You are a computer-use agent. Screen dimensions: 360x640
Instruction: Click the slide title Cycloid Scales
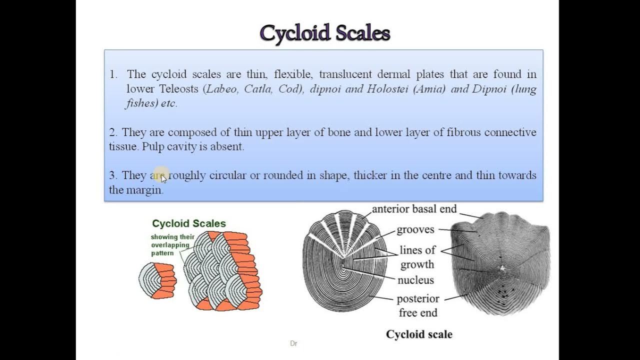(x=324, y=33)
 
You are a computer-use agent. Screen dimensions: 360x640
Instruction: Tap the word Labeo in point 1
(x=222, y=89)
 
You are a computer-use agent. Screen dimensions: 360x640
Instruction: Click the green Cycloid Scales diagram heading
(x=189, y=223)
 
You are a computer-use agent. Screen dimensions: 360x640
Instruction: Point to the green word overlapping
(x=170, y=245)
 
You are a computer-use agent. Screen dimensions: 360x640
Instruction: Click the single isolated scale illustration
(x=157, y=281)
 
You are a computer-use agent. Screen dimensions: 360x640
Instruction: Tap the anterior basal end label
(x=414, y=209)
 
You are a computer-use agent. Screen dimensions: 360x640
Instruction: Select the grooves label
(x=415, y=230)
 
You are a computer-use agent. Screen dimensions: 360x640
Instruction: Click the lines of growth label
(x=417, y=257)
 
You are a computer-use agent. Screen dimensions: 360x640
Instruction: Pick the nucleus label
(x=415, y=280)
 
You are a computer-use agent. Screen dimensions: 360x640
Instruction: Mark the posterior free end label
(x=418, y=305)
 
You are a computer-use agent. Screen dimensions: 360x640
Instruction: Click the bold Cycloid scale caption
(x=419, y=334)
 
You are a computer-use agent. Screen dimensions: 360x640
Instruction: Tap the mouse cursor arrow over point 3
(x=163, y=178)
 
